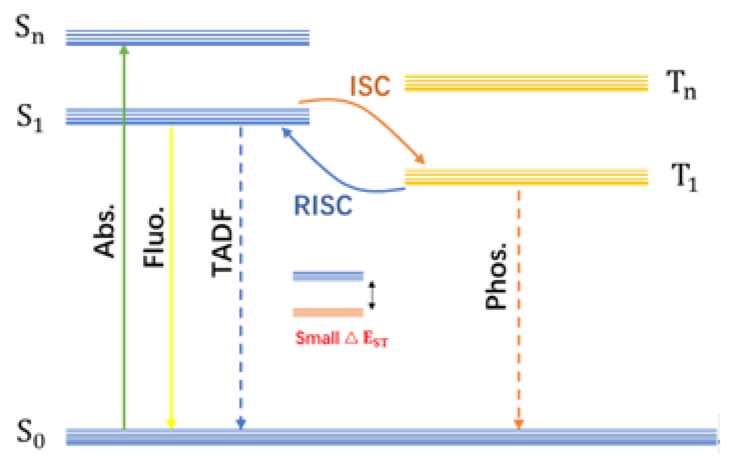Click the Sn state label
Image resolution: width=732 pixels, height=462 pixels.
29,30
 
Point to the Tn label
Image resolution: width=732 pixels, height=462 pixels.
681,84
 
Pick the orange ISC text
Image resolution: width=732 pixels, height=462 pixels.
370,86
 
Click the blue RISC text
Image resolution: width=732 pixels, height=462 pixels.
323,205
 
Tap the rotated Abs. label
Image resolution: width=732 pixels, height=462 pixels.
104,232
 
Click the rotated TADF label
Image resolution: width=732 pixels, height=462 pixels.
222,242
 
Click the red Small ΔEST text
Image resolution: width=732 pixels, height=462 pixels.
342,338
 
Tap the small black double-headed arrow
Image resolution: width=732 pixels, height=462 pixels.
372,295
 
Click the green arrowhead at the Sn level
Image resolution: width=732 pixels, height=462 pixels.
124,50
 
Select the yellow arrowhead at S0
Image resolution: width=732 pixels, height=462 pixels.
171,424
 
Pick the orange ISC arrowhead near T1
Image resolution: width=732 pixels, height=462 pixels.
420,159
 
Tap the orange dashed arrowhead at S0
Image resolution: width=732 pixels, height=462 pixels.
519,424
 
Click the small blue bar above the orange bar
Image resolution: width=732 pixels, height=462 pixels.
328,276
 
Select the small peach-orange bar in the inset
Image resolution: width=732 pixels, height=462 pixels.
328,312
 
